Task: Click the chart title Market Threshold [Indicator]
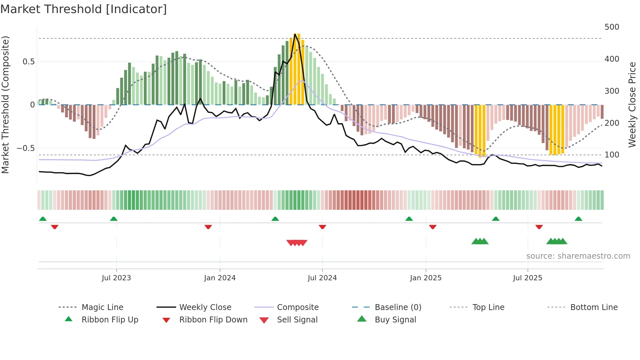tap(84, 9)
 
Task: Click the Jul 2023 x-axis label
tap(116, 278)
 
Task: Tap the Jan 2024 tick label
tap(220, 278)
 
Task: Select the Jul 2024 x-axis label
tap(322, 278)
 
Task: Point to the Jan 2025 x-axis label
tap(426, 278)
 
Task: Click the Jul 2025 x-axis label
tap(528, 278)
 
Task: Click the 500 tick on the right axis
tap(612, 27)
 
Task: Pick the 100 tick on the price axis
tap(612, 155)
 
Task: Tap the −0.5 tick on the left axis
tap(25, 148)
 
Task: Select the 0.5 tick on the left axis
tap(28, 62)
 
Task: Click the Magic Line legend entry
tap(102, 307)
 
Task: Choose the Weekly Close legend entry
tap(205, 307)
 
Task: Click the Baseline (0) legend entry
tap(398, 307)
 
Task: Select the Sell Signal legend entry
tap(297, 320)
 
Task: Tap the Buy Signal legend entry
tap(395, 320)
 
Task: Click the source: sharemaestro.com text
tap(578, 256)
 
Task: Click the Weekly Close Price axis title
tap(632, 105)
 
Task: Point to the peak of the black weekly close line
tap(295, 34)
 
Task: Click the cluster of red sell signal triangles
tap(297, 243)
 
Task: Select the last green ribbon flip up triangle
tap(578, 219)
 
